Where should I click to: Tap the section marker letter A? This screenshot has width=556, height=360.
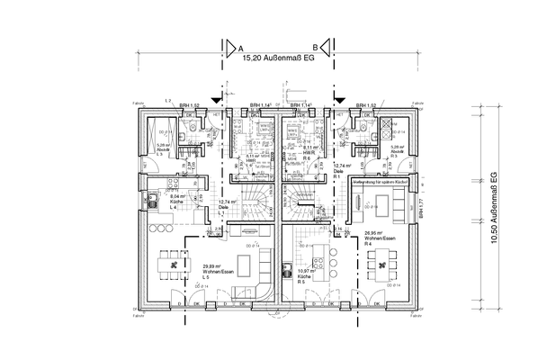pyautogui.click(x=240, y=45)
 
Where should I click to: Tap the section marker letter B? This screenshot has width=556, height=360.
pyautogui.click(x=314, y=45)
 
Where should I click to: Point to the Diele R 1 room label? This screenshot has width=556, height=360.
pyautogui.click(x=341, y=169)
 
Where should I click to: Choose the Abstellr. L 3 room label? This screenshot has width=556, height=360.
pyautogui.click(x=164, y=148)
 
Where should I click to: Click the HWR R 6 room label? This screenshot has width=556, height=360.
pyautogui.click(x=308, y=150)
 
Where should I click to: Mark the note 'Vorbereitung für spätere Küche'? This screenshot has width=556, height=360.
pyautogui.click(x=381, y=183)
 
